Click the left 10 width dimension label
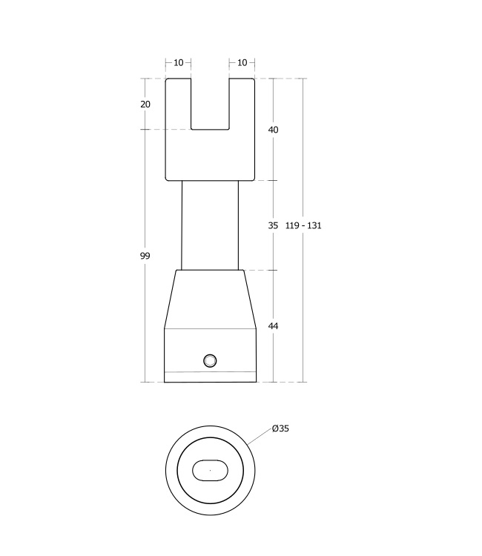(179, 63)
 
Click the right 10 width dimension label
(242, 63)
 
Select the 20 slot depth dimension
(145, 105)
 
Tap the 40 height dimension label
(273, 130)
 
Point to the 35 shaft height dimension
(273, 225)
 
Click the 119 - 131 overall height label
(303, 225)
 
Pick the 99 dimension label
(145, 256)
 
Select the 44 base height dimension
(273, 326)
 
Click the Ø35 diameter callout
(280, 428)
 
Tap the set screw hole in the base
(211, 360)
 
